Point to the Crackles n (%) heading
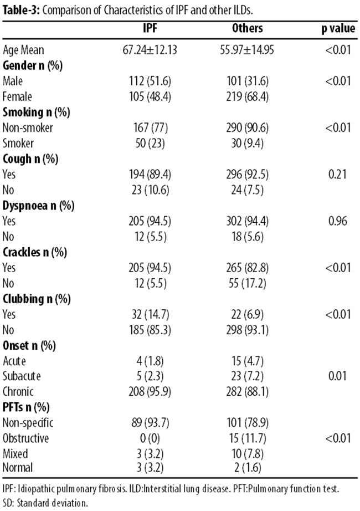(x=34, y=252)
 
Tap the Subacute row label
(x=22, y=376)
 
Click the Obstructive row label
(x=26, y=438)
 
